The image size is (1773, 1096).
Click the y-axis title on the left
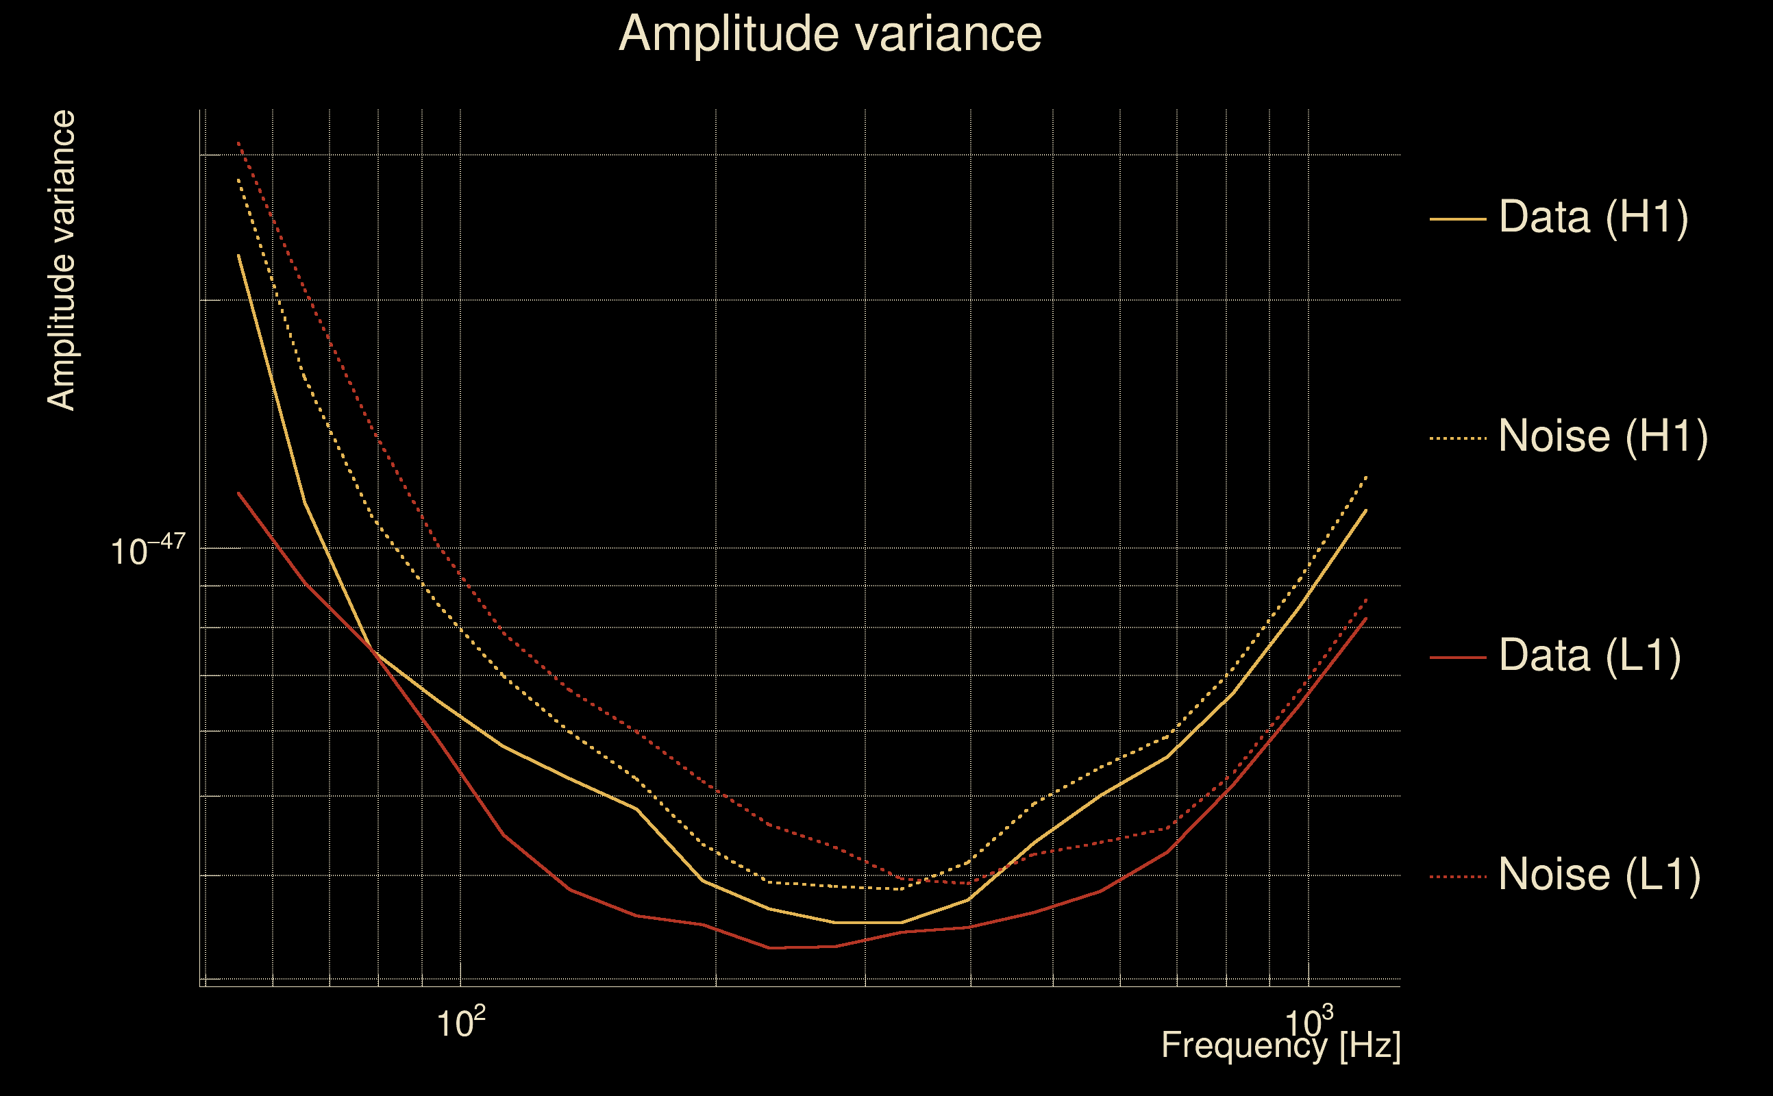(61, 261)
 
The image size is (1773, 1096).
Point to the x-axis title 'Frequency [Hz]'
(1281, 1045)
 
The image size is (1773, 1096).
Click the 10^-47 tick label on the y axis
(148, 551)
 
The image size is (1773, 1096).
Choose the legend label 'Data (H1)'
(1594, 216)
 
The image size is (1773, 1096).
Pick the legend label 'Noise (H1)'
(1602, 436)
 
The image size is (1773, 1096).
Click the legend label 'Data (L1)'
(1589, 656)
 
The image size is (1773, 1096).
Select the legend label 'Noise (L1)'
(1599, 875)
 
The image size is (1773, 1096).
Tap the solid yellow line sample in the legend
(1458, 219)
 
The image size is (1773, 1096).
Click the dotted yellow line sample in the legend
(1458, 438)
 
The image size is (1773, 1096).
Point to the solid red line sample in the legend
(1458, 658)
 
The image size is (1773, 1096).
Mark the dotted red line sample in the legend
(1458, 877)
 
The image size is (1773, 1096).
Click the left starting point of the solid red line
(238, 493)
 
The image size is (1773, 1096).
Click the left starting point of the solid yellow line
(238, 255)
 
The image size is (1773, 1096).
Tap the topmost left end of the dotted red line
(238, 142)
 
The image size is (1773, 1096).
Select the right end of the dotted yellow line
(1366, 476)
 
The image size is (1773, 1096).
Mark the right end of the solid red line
(1366, 619)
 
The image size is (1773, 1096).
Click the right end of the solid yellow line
(1366, 510)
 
